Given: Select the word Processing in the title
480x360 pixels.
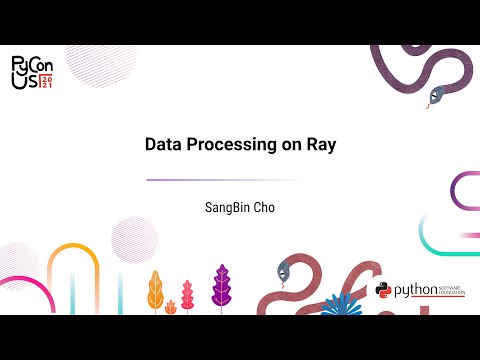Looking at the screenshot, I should tap(234, 145).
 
